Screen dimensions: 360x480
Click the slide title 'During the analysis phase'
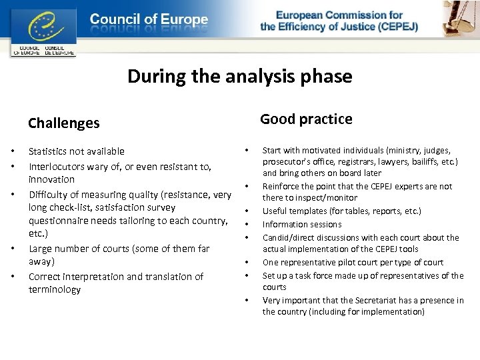(x=239, y=77)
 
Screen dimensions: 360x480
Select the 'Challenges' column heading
(x=63, y=123)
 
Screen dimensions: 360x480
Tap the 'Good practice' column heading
(x=306, y=119)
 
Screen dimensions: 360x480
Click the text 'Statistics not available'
(x=76, y=151)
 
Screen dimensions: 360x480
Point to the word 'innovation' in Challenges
(x=51, y=179)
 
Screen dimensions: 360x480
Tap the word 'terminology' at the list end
(x=55, y=290)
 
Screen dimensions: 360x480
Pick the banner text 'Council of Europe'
(x=149, y=20)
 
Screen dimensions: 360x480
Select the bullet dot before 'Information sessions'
(x=246, y=225)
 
